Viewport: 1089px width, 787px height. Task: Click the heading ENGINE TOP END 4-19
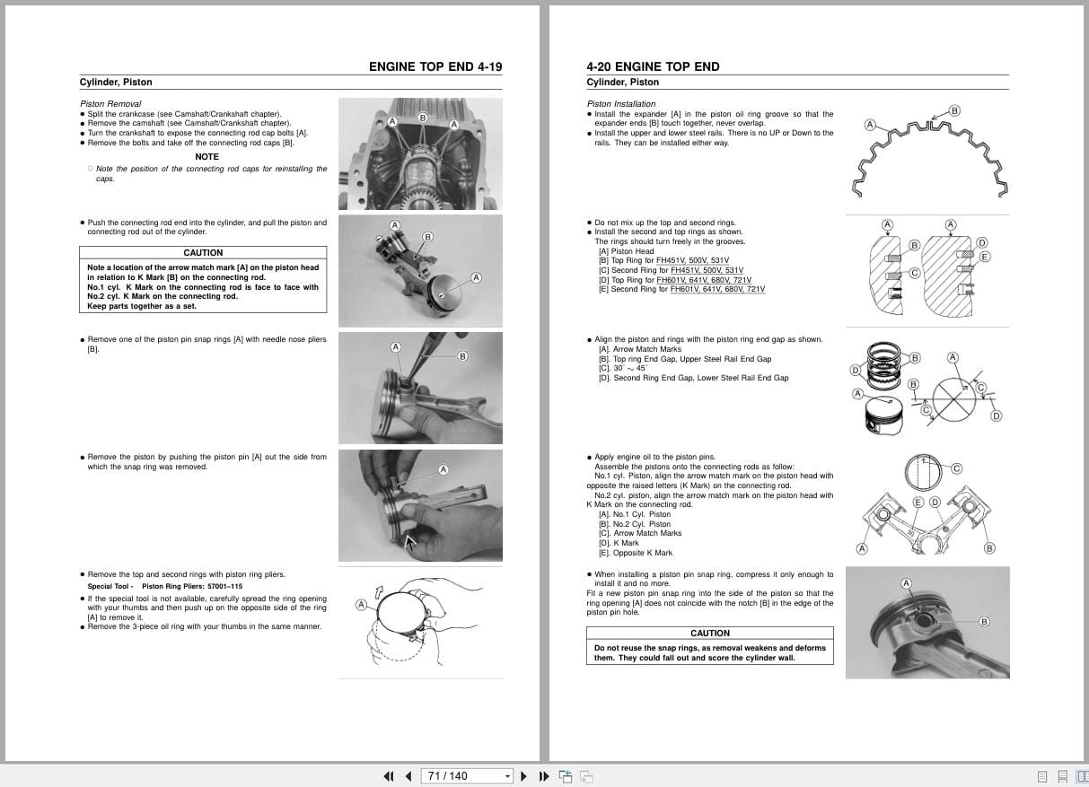point(435,66)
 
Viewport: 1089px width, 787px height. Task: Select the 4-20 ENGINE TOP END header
point(653,66)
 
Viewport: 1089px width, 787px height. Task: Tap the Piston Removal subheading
point(110,104)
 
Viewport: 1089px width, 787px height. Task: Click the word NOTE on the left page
point(206,157)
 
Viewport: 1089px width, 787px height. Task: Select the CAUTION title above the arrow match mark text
point(203,253)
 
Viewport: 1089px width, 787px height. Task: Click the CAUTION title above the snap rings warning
point(709,634)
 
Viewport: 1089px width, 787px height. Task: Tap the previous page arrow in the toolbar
point(408,776)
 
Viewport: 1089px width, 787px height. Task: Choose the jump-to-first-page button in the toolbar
point(389,776)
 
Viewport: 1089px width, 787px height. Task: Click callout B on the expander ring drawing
point(954,110)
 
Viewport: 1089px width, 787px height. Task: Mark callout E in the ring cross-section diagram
point(985,257)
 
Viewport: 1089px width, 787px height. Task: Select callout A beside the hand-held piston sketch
point(361,605)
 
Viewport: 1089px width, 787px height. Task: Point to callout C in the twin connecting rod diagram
point(956,468)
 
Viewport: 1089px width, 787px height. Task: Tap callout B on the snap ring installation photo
point(984,622)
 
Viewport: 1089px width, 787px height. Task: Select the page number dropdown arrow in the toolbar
point(508,776)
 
